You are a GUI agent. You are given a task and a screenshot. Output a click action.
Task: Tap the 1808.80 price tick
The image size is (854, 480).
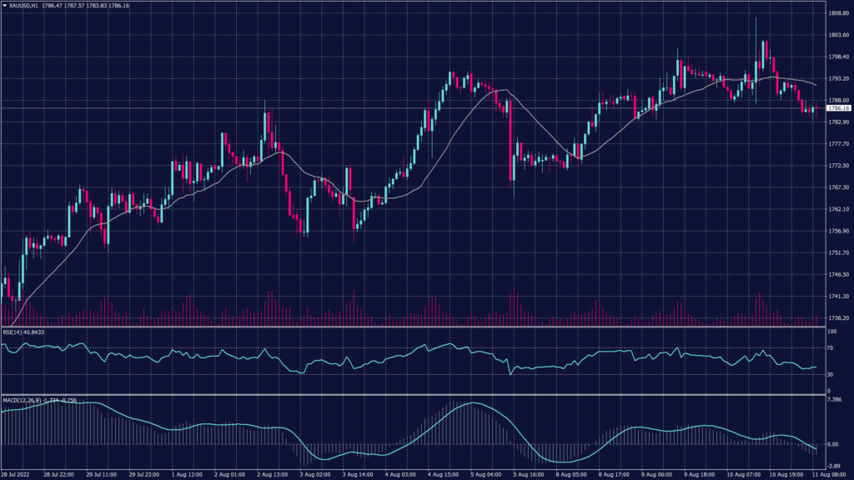[838, 13]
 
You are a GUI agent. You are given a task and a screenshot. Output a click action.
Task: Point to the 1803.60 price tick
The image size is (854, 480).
[838, 35]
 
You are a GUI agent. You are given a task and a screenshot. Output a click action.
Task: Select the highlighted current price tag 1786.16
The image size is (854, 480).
[838, 108]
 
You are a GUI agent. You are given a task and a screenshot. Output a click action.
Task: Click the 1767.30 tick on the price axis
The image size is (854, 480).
[838, 187]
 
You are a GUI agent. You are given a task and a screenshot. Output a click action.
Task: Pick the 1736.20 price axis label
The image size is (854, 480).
[838, 318]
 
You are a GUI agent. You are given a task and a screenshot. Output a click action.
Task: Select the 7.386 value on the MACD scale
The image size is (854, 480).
[835, 401]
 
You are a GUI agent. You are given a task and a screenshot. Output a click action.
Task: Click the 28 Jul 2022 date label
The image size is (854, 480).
[18, 474]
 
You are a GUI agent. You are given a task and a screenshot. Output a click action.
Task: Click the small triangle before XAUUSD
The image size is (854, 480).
[4, 5]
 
